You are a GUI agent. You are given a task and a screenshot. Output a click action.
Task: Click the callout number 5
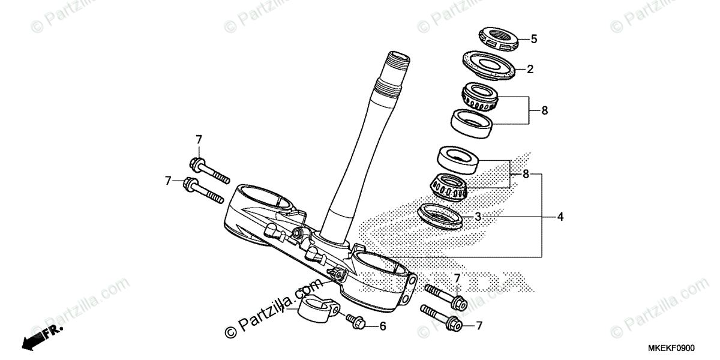click(534, 39)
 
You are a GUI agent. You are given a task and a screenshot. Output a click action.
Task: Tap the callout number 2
click(530, 69)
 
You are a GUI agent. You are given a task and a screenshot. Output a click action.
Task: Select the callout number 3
click(478, 217)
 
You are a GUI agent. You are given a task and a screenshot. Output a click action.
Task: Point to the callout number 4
click(560, 217)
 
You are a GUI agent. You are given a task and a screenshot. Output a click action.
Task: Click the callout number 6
click(383, 326)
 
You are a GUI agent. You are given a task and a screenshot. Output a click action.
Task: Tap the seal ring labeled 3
click(442, 216)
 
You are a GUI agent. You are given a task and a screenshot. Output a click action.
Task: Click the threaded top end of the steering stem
click(397, 61)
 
